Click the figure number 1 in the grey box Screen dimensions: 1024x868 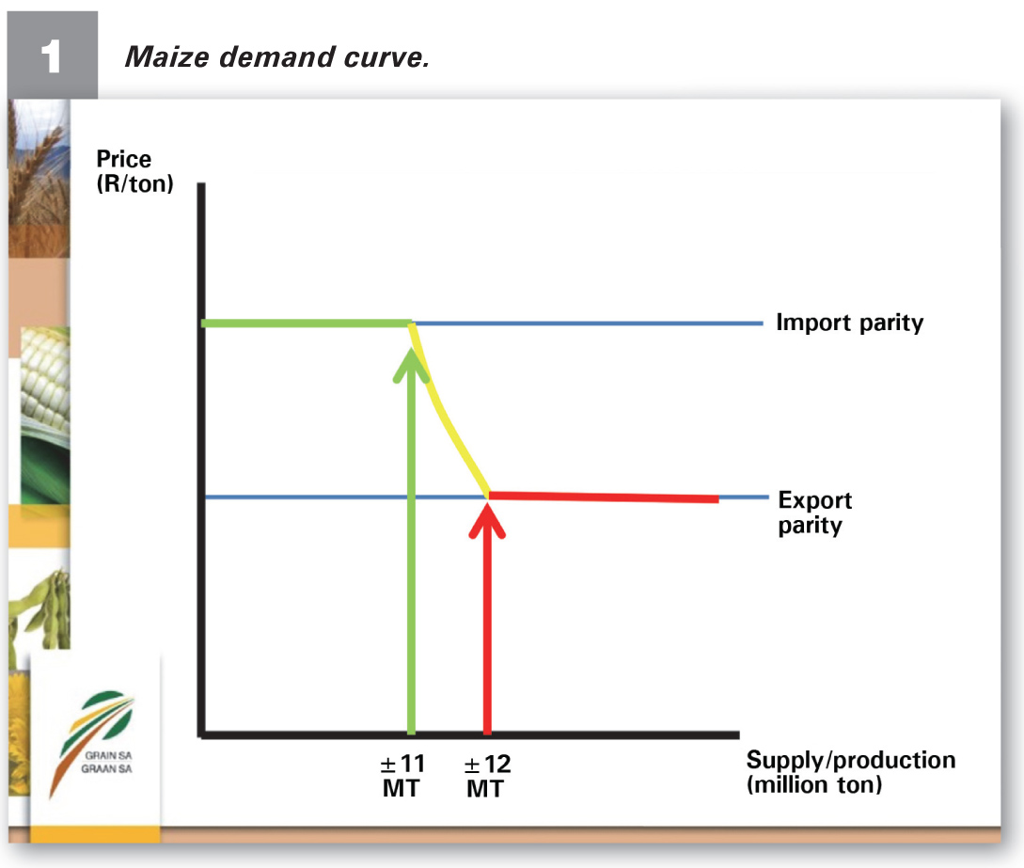point(51,56)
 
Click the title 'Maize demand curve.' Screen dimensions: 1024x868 point(276,56)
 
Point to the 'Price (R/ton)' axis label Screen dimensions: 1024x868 point(134,171)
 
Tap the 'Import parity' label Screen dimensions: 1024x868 point(850,323)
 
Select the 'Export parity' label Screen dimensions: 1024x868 point(814,513)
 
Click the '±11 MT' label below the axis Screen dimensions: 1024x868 point(402,776)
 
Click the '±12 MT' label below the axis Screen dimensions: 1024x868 point(486,776)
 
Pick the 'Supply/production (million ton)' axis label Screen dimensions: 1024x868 point(851,772)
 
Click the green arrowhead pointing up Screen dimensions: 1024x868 point(412,365)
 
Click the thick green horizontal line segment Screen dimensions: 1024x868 point(307,324)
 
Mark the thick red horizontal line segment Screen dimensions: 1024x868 point(604,497)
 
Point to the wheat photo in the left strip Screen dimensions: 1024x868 point(39,179)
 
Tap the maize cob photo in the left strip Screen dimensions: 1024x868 point(45,416)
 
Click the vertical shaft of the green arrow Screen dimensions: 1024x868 point(412,548)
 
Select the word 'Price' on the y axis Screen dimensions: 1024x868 point(123,159)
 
